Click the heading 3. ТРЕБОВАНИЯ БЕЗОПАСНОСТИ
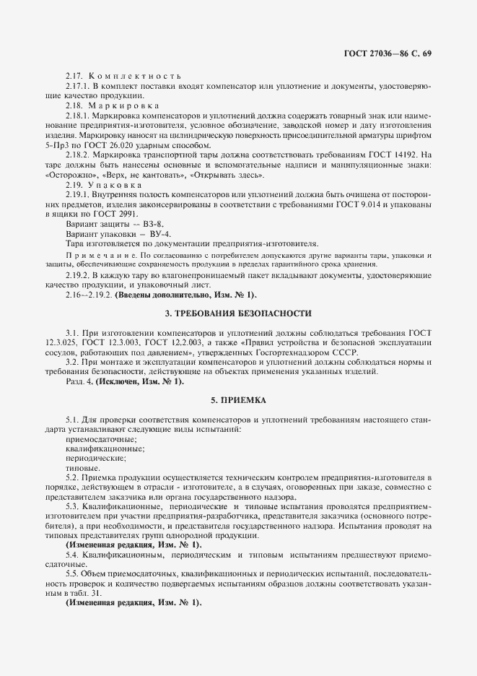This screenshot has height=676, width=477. (238, 314)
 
